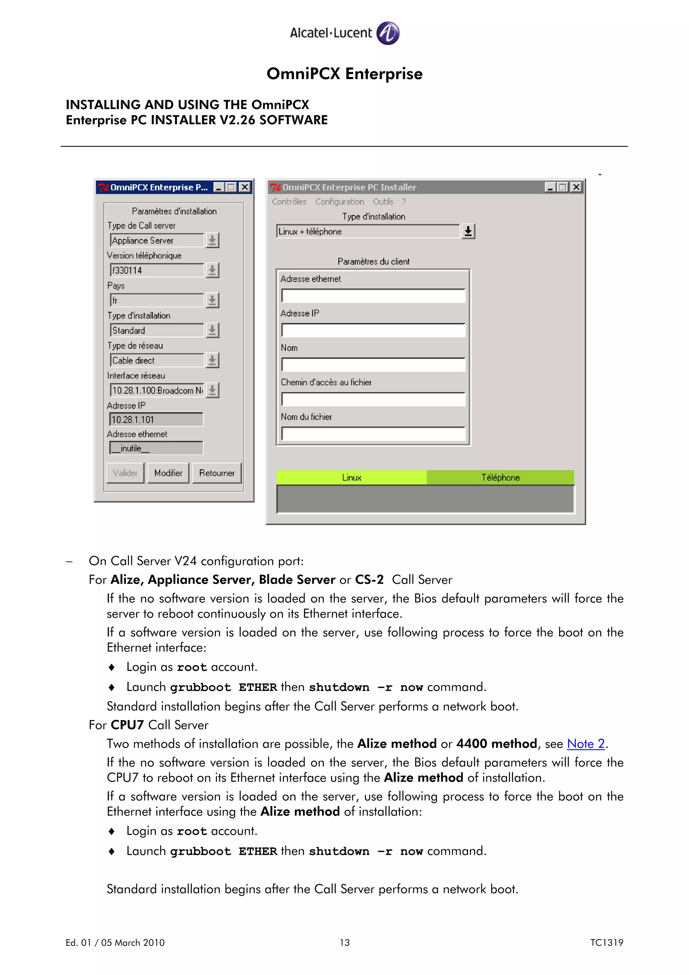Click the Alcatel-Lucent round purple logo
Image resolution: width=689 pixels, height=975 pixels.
coord(388,33)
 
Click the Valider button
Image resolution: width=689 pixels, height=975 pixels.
coord(125,473)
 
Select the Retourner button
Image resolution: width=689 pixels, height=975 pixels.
coord(217,473)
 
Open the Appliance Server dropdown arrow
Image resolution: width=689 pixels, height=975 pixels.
coord(212,240)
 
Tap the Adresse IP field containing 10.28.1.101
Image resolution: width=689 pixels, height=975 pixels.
coord(156,420)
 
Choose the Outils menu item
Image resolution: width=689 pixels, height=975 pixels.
coord(383,202)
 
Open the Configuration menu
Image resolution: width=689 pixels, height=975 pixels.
coord(339,202)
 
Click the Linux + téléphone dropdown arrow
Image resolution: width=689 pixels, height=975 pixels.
coord(468,231)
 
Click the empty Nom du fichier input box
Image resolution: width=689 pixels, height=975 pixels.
coord(373,434)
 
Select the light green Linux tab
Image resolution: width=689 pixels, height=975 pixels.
coord(351,477)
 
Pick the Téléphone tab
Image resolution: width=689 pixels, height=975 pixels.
coord(500,477)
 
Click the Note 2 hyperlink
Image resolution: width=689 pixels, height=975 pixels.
coord(585,744)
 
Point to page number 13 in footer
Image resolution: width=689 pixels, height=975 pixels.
coord(344,943)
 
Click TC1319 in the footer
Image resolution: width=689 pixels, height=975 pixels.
coord(606,943)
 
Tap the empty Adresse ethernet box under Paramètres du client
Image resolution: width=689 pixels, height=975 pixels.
coord(373,295)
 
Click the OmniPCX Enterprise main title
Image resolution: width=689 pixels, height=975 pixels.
coord(344,73)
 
